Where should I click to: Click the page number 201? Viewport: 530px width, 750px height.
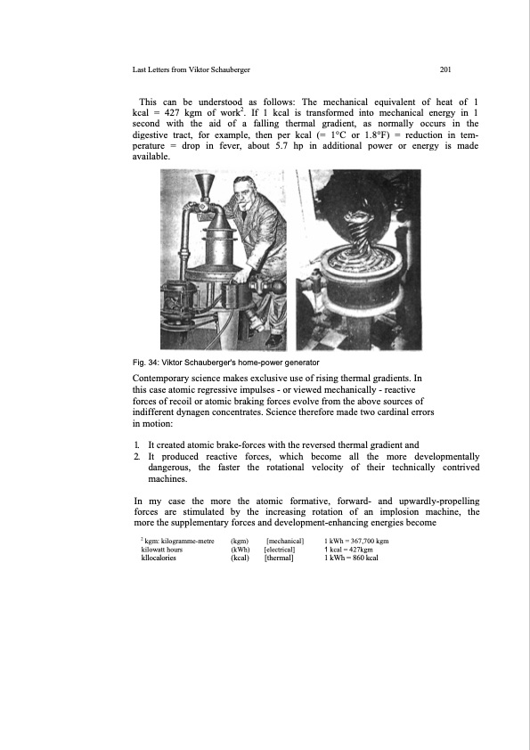(x=444, y=69)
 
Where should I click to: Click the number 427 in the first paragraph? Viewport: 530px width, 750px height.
(x=172, y=113)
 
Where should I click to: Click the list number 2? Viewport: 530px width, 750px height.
(x=137, y=456)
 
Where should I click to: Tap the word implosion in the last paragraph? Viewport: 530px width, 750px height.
(x=399, y=512)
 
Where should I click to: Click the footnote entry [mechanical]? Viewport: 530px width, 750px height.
(x=285, y=541)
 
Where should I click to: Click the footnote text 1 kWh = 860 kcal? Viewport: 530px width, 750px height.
(x=351, y=558)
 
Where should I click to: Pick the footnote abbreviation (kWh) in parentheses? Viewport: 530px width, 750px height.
(x=241, y=550)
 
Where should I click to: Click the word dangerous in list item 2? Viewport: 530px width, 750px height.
(x=169, y=468)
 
